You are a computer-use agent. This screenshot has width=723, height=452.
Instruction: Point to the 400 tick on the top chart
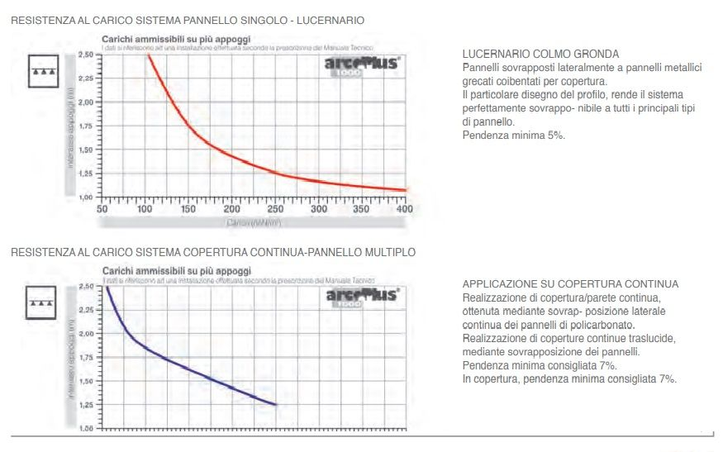coord(404,209)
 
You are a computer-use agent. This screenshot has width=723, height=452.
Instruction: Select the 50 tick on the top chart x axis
coord(102,209)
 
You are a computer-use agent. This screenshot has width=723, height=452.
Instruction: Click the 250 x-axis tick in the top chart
coord(275,209)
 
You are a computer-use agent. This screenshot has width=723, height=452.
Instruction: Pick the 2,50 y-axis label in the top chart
coord(85,55)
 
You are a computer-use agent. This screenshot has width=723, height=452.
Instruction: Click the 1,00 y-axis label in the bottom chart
coord(85,430)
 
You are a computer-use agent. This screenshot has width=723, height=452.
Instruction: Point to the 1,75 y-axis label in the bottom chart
coord(85,358)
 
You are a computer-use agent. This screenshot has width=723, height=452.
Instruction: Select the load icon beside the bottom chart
coord(41,302)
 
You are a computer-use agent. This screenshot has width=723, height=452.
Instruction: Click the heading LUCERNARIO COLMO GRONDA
coord(540,55)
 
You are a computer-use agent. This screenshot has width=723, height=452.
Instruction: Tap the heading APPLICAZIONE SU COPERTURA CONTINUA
coord(570,284)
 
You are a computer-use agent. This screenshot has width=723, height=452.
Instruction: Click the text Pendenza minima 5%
coord(513,135)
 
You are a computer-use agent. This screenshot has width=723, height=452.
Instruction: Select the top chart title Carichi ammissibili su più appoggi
coord(176,39)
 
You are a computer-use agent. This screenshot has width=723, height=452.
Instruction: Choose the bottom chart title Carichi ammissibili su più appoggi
coord(176,271)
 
